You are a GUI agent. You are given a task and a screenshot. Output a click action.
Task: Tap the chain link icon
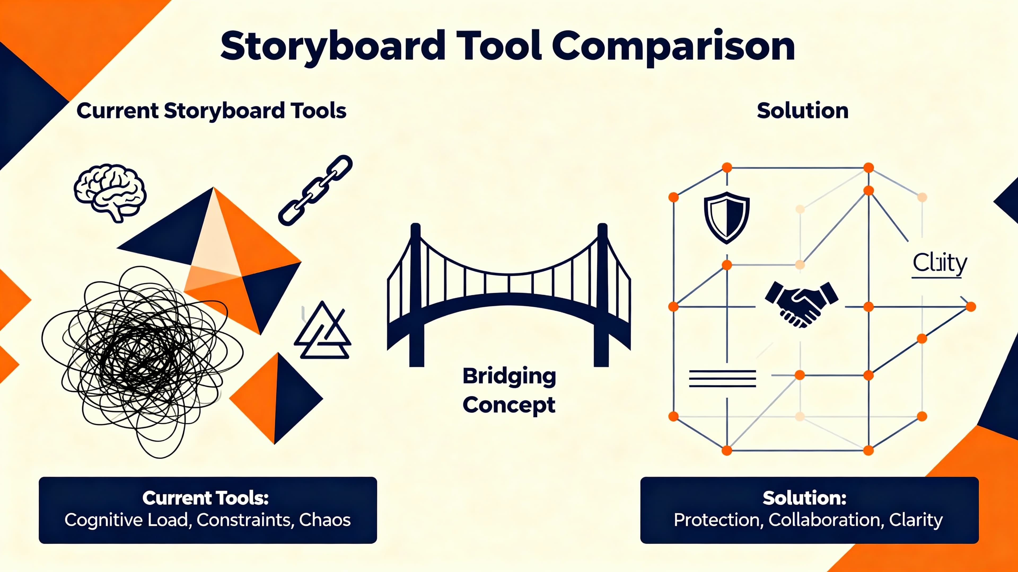(315, 190)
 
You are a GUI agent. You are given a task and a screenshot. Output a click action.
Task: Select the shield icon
(727, 217)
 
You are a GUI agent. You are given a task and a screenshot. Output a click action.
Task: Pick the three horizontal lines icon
(722, 379)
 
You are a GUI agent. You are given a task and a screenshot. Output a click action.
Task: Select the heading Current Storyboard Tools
(212, 110)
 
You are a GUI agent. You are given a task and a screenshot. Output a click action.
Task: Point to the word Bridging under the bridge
(509, 376)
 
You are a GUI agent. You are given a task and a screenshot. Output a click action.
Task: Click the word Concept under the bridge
(509, 405)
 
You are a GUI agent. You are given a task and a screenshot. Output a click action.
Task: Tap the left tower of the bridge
(416, 296)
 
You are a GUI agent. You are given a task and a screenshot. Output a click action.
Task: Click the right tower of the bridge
(602, 296)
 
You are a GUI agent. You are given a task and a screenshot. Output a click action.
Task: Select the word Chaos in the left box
(325, 520)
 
